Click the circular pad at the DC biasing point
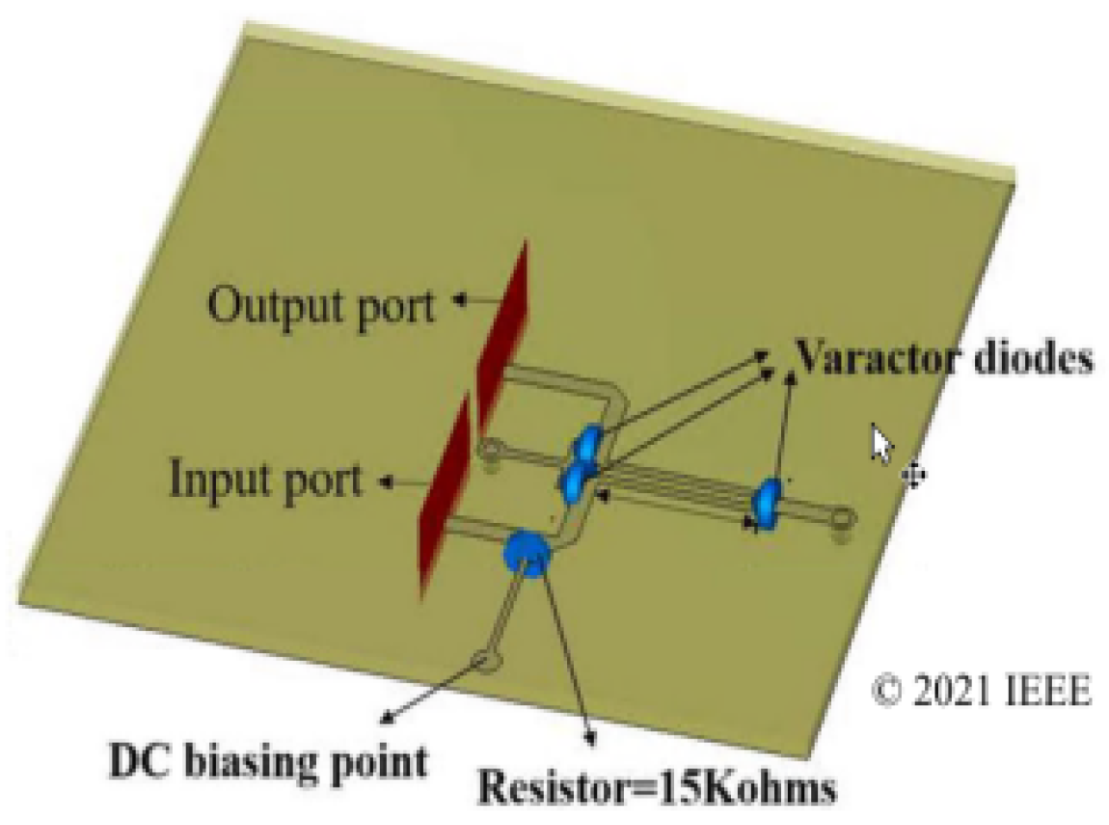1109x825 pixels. click(x=486, y=661)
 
